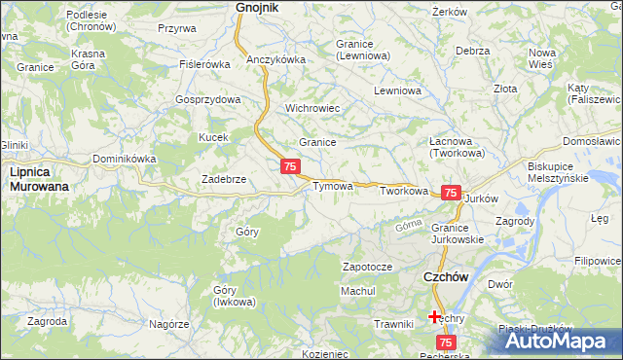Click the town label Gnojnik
click(257, 8)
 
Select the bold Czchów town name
click(447, 277)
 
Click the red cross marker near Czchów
click(434, 316)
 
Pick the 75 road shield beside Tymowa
click(290, 167)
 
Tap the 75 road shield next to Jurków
click(450, 194)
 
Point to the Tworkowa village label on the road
click(404, 191)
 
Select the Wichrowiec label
click(311, 108)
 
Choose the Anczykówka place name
click(276, 59)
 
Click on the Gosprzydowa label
click(207, 100)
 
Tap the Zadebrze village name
click(223, 180)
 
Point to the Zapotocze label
click(367, 267)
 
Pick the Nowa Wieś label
click(541, 57)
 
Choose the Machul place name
click(357, 291)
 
